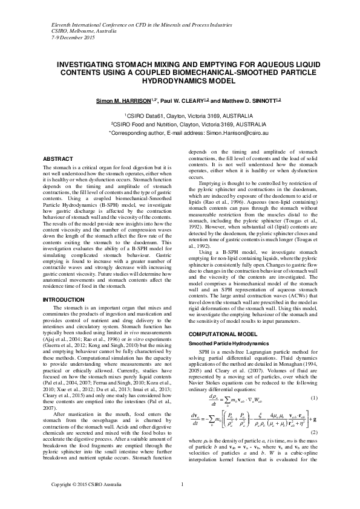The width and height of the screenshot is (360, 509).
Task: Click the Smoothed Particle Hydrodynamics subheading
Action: click(x=224, y=343)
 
